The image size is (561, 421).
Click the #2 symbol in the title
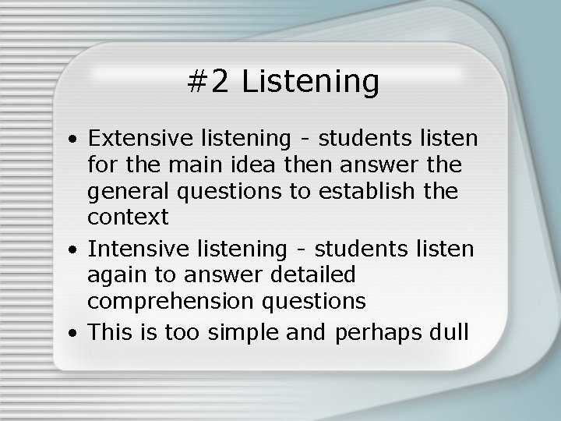(210, 81)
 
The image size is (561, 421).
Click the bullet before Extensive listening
(71, 141)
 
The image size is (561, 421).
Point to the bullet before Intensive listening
(71, 250)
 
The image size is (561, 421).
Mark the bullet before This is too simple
(71, 332)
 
